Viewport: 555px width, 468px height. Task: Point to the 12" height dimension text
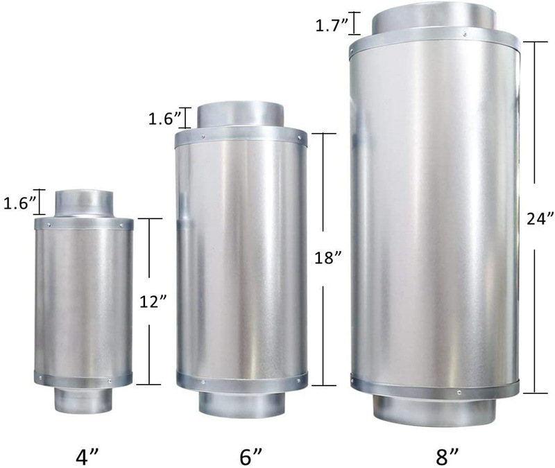point(153,302)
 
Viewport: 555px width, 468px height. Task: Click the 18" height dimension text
point(328,258)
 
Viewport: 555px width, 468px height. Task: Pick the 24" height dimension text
point(540,218)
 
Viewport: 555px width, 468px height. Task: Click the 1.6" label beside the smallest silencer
point(20,203)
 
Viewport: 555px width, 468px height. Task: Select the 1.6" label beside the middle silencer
point(164,119)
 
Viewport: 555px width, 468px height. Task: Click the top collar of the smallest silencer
point(84,204)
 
